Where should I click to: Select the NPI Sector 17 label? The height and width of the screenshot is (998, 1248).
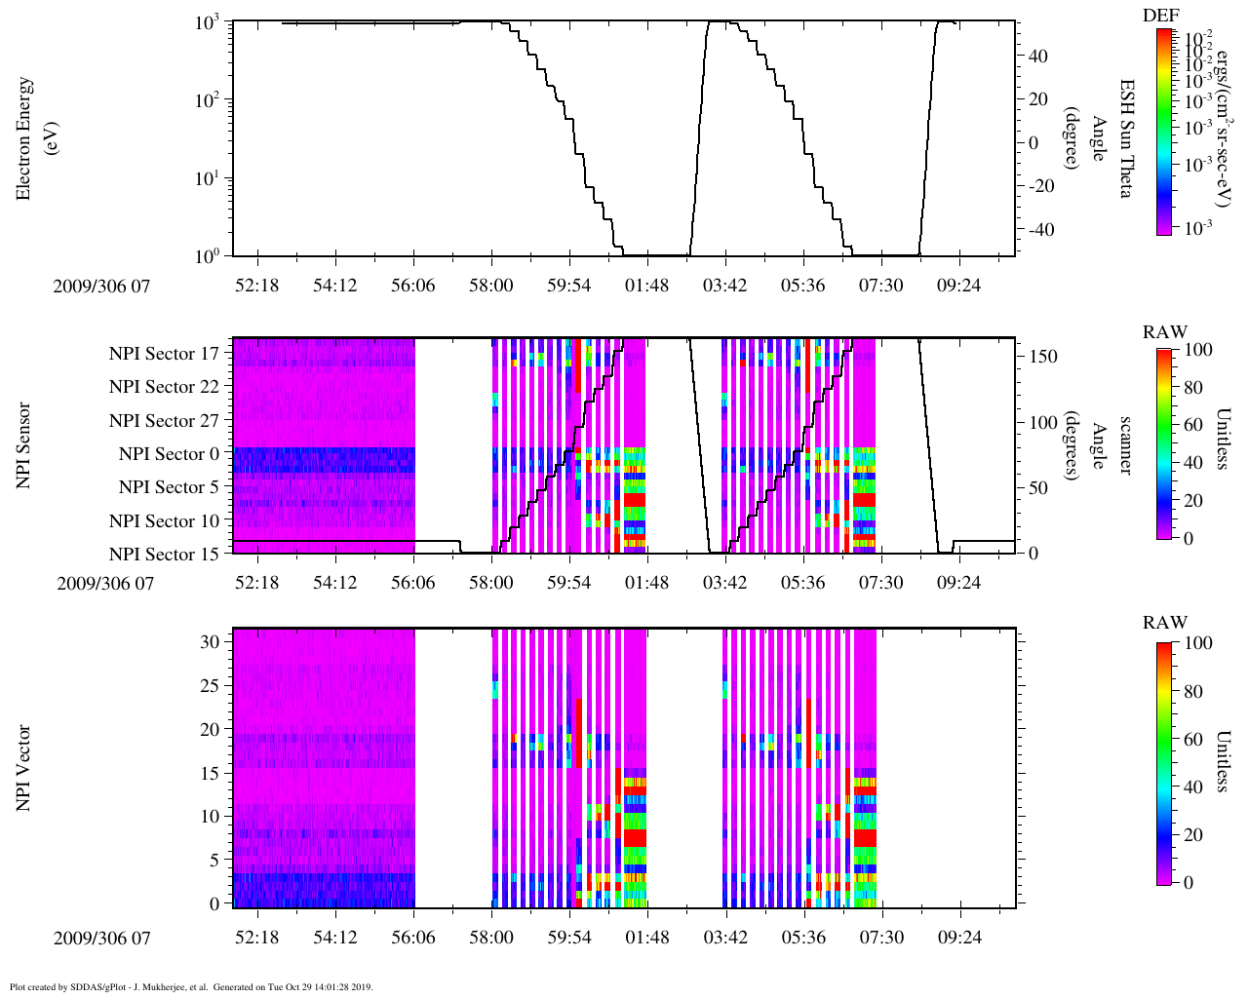tap(165, 354)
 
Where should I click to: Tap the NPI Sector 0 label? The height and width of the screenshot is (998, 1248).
tap(170, 454)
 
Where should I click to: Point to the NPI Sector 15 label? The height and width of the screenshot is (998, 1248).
tap(165, 555)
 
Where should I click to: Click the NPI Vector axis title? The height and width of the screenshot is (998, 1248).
tap(23, 768)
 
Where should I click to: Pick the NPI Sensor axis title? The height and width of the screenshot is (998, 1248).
tap(23, 445)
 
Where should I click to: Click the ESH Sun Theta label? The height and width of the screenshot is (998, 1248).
tap(1125, 138)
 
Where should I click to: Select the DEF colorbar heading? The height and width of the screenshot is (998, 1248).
tap(1161, 16)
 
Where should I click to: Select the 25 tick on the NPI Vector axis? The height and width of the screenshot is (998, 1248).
tap(210, 686)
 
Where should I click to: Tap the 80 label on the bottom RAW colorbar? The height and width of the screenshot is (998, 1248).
tap(1191, 692)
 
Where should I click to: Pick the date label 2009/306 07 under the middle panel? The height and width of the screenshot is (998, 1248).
tap(105, 584)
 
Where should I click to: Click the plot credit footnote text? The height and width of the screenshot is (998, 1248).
tap(191, 987)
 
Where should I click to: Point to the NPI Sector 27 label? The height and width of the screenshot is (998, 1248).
tap(165, 421)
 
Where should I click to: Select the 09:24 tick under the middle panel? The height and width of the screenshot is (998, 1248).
tap(959, 583)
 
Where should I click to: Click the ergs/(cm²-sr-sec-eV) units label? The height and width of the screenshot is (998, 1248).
tap(1218, 139)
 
